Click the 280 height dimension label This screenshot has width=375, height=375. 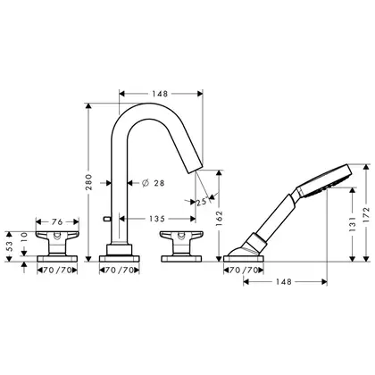click(89, 182)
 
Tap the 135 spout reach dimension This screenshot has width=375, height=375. click(157, 219)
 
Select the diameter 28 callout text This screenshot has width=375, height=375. click(154, 183)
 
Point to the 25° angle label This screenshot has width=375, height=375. click(201, 202)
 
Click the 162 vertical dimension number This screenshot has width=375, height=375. click(220, 219)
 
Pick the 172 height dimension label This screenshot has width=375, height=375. click(366, 215)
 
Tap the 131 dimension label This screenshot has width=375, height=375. click(353, 224)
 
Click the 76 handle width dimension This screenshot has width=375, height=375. click(57, 222)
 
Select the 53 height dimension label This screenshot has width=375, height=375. click(10, 246)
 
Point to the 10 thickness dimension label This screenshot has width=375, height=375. click(24, 237)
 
